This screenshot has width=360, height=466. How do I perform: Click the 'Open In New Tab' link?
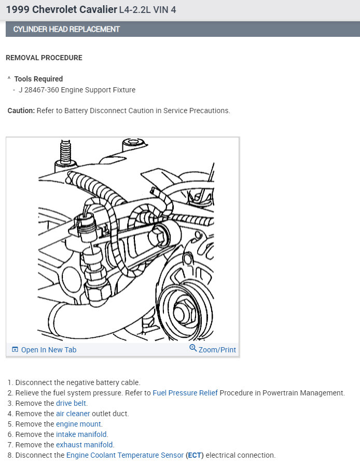[48, 350]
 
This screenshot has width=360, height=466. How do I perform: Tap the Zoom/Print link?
[217, 350]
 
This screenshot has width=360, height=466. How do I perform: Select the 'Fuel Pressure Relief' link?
[185, 393]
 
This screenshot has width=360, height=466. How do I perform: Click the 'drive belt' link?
[72, 403]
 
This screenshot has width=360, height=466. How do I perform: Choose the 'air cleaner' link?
[73, 414]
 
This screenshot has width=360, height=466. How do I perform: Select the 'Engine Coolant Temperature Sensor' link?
[125, 455]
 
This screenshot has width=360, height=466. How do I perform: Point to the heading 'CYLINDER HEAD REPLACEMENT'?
[66, 29]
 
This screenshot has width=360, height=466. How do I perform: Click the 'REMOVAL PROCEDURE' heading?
[44, 58]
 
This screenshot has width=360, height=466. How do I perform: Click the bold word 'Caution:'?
[21, 111]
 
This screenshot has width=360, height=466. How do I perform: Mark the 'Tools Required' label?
[38, 79]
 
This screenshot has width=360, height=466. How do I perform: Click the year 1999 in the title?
[17, 10]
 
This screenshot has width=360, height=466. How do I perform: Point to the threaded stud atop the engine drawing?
[65, 150]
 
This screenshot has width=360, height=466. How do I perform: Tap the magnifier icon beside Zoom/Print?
[193, 349]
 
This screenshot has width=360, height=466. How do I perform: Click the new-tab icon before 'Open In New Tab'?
[15, 350]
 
